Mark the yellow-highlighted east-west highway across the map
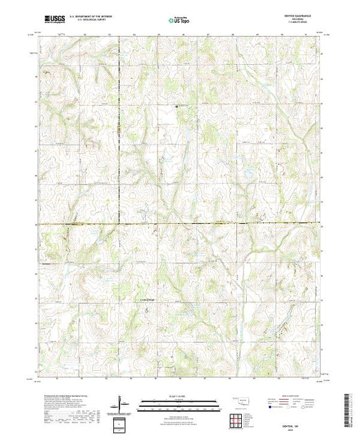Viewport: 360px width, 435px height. [x=207, y=224]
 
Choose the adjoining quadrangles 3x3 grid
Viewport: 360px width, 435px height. [x=237, y=419]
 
